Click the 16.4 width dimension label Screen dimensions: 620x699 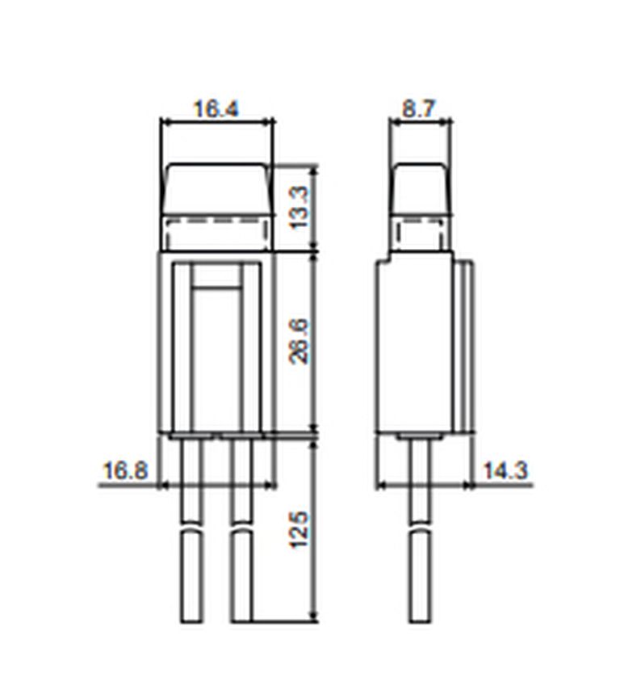pyautogui.click(x=216, y=109)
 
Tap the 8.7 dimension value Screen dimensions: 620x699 pyautogui.click(x=418, y=109)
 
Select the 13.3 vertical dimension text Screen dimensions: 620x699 pyautogui.click(x=299, y=208)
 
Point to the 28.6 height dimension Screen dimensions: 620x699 pyautogui.click(x=299, y=342)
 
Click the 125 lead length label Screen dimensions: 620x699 pyautogui.click(x=299, y=529)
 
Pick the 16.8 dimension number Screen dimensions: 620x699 pyautogui.click(x=124, y=471)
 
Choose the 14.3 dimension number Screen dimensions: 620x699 pyautogui.click(x=505, y=471)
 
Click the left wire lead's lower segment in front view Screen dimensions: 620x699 pyautogui.click(x=191, y=576)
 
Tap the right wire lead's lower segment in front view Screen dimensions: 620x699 pyautogui.click(x=241, y=576)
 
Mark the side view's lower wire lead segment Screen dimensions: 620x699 pyautogui.click(x=421, y=576)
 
